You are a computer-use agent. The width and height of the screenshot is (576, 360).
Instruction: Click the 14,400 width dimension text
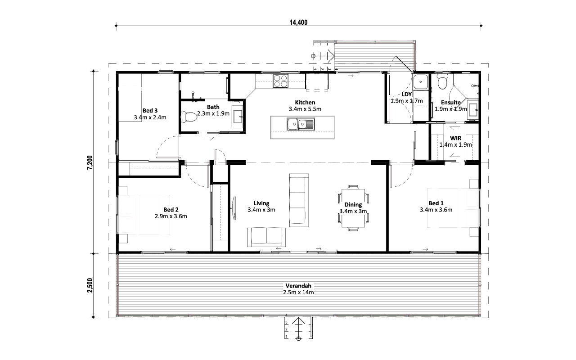pos(298,22)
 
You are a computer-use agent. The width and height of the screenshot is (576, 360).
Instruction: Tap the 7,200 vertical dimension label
pos(90,162)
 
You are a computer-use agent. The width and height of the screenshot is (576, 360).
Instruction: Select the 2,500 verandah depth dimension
pos(90,285)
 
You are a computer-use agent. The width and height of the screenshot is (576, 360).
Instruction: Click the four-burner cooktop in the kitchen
pos(280,81)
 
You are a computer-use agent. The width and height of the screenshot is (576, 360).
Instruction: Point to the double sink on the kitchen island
pos(301,124)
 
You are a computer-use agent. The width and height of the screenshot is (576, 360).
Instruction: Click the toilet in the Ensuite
pos(442,81)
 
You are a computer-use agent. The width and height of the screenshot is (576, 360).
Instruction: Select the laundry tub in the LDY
pos(421,82)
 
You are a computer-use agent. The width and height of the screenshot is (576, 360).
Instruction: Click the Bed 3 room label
pos(150,111)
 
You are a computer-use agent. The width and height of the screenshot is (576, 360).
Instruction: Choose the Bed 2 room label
pos(171,210)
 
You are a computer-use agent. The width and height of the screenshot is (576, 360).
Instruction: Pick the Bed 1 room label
pos(436,203)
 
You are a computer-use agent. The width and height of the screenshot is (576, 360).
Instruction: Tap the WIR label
pos(455,138)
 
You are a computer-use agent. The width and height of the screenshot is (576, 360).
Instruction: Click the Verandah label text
pos(298,286)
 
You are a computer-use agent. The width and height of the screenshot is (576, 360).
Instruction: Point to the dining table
pos(353,208)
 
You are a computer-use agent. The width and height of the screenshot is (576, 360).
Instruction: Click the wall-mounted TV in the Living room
pos(234,208)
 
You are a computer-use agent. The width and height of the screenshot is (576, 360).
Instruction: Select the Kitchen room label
pos(305,102)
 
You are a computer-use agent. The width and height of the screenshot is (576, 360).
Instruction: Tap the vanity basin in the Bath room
pos(237,117)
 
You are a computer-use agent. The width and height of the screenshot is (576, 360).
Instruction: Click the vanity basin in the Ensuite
pos(473,109)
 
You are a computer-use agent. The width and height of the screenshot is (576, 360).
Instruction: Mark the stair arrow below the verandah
pos(298,329)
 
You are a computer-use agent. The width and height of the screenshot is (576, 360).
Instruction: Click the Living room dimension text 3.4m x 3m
pos(261,210)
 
